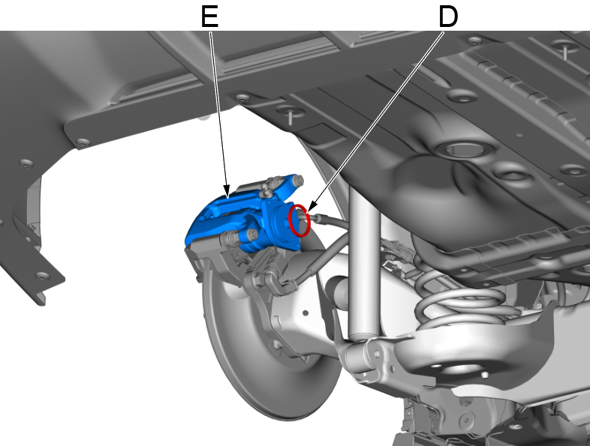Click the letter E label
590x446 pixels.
[x=209, y=17]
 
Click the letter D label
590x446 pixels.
[x=448, y=17]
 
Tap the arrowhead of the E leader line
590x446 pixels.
[x=227, y=193]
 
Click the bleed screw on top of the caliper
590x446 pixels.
[x=266, y=187]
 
